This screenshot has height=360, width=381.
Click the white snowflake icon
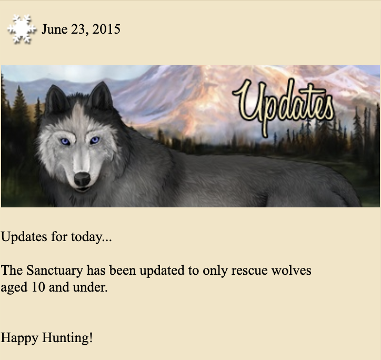(22, 29)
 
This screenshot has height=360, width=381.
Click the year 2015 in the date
(106, 29)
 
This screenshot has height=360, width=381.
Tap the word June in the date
(55, 29)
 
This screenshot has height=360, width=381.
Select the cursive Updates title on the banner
(284, 107)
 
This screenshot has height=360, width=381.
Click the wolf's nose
(82, 179)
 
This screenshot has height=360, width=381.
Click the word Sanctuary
(55, 271)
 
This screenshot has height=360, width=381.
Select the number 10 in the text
(38, 287)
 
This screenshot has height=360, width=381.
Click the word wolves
(291, 271)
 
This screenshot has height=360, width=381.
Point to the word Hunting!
(67, 338)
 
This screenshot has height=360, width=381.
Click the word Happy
(19, 338)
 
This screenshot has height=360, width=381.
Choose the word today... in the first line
(92, 237)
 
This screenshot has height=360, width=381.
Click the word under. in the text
(90, 287)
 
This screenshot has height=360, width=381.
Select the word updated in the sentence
(162, 271)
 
